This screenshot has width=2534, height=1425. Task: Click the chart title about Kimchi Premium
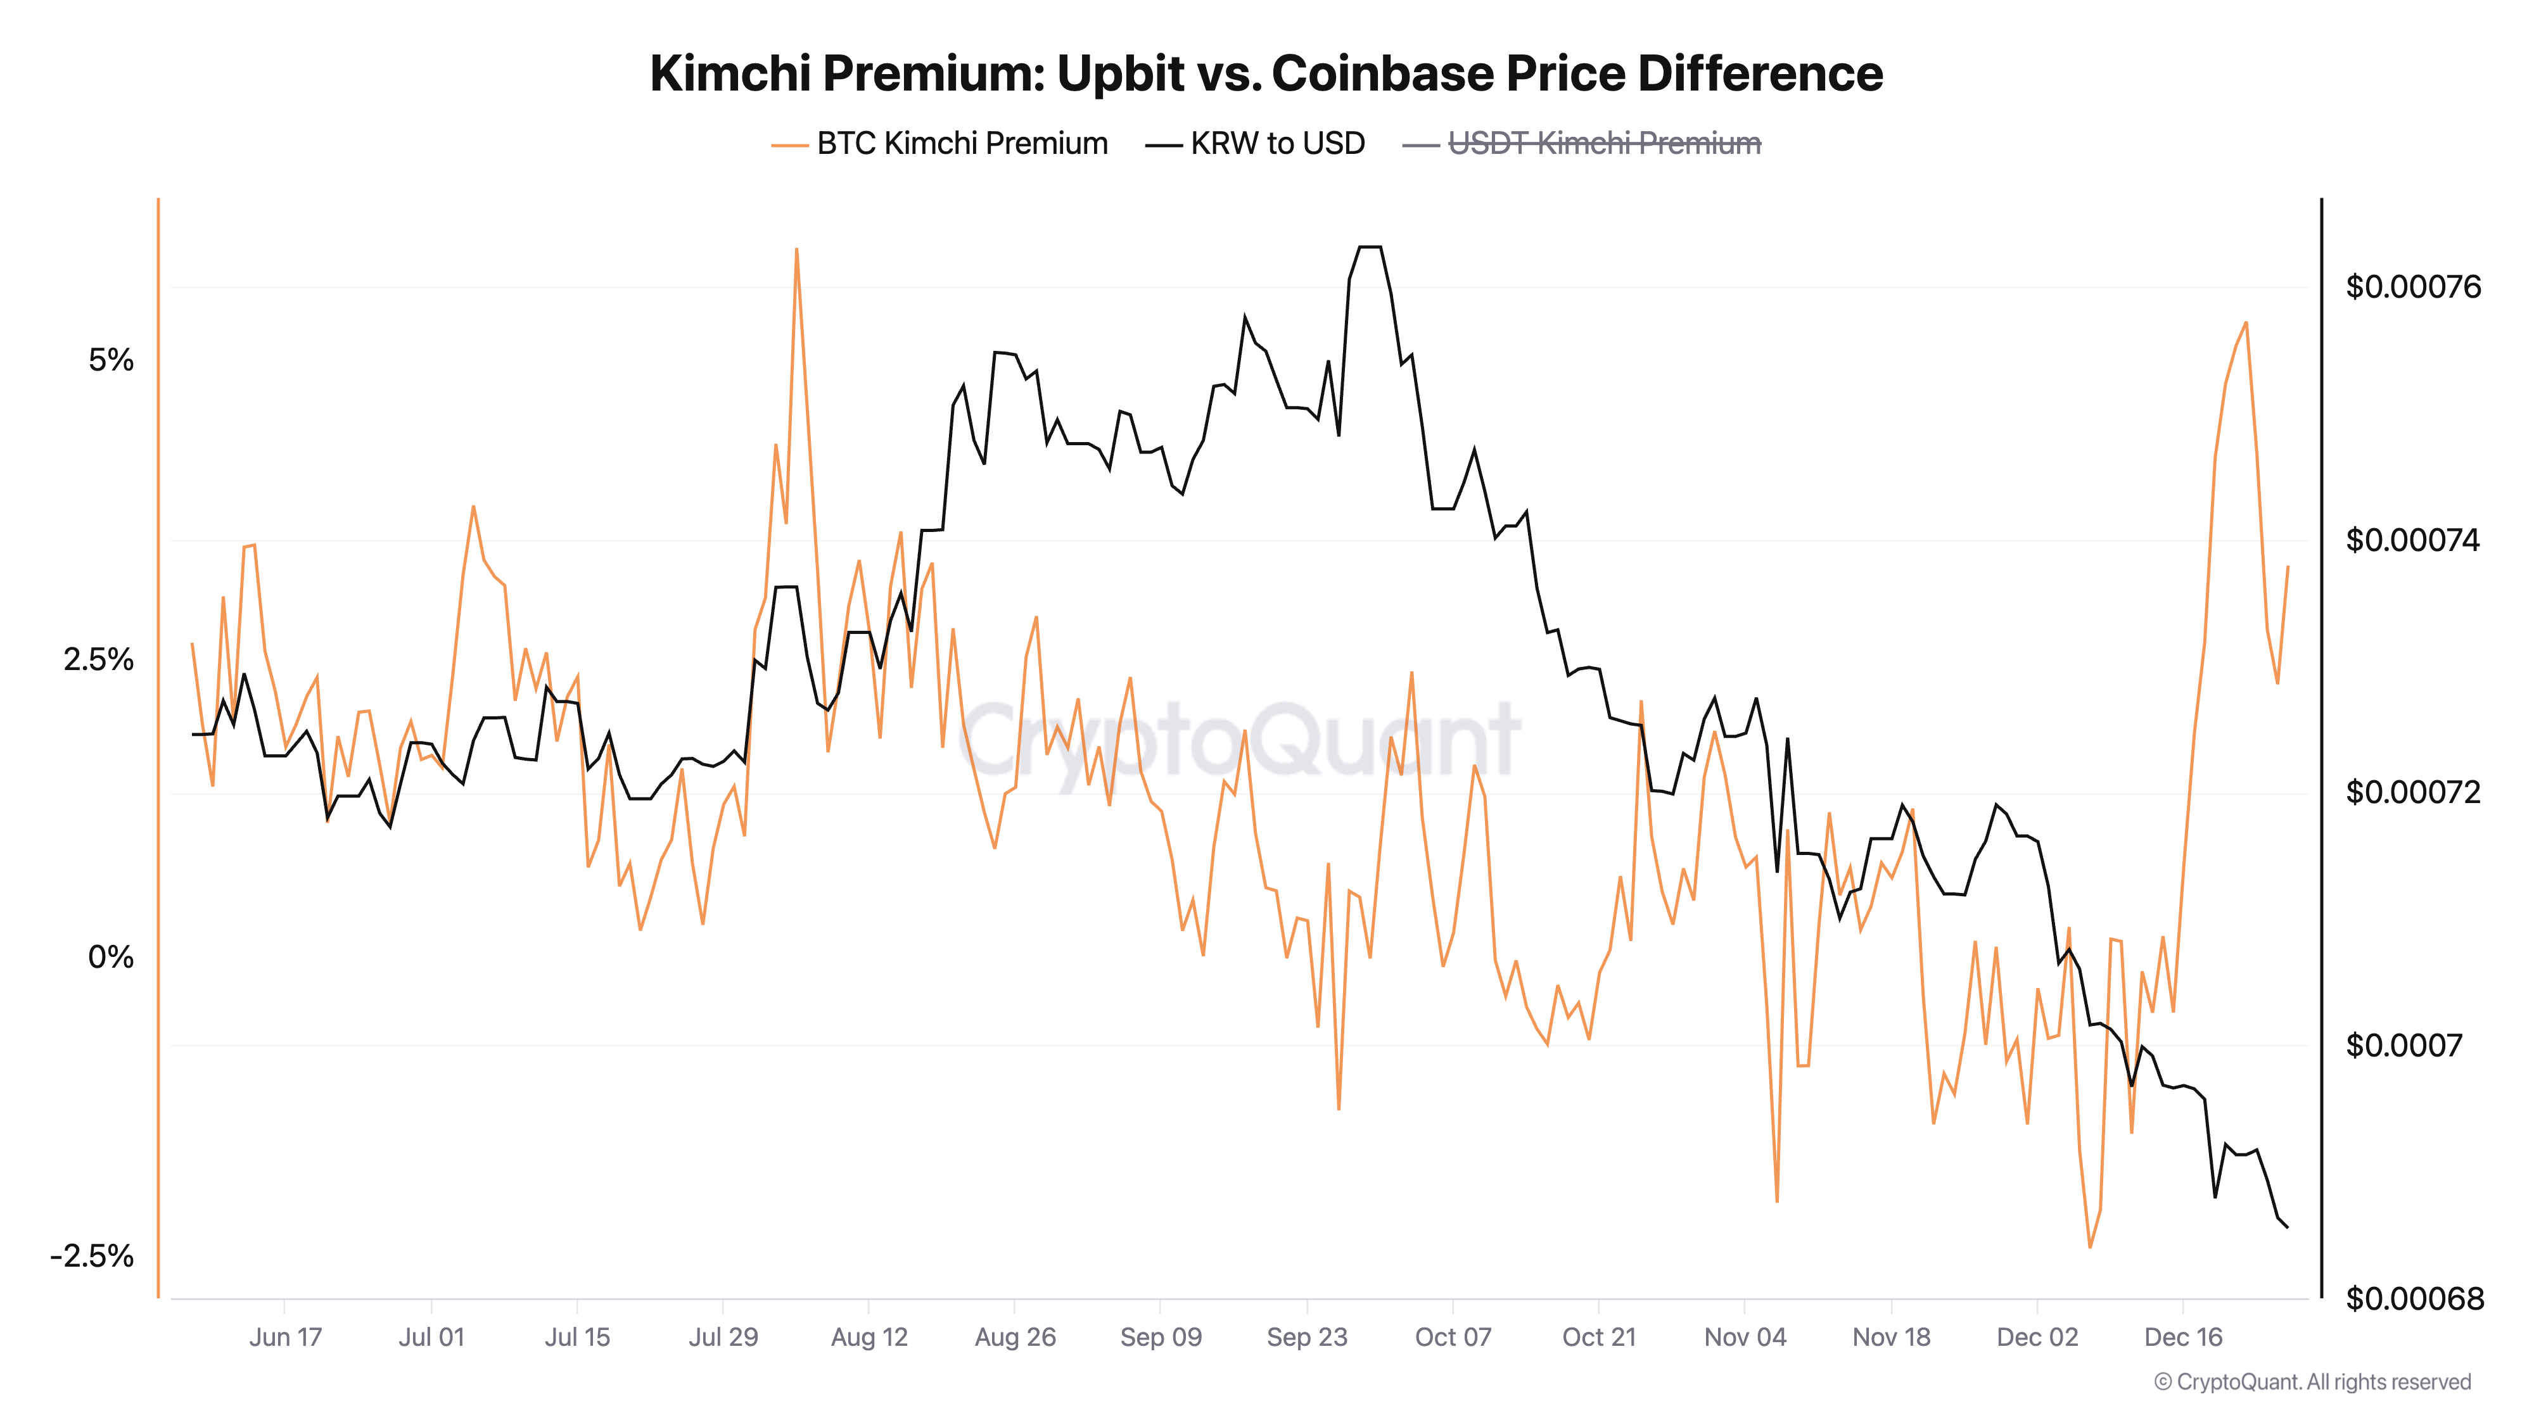[x=1266, y=73]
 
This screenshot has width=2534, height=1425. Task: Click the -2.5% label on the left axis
[x=92, y=1256]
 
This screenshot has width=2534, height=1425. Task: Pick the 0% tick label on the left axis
[x=111, y=957]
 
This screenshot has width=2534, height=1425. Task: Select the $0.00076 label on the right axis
[x=2413, y=287]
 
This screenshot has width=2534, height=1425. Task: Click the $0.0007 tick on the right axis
[x=2403, y=1046]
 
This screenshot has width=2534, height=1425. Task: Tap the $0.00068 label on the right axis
[x=2413, y=1299]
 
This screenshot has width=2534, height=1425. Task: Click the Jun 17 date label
[x=285, y=1338]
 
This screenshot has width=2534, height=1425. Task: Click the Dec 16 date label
[x=2183, y=1338]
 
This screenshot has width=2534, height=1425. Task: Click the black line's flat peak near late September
[x=1370, y=247]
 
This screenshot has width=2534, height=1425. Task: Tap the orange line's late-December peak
[x=2246, y=322]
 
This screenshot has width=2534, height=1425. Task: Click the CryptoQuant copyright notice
[x=2312, y=1382]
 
